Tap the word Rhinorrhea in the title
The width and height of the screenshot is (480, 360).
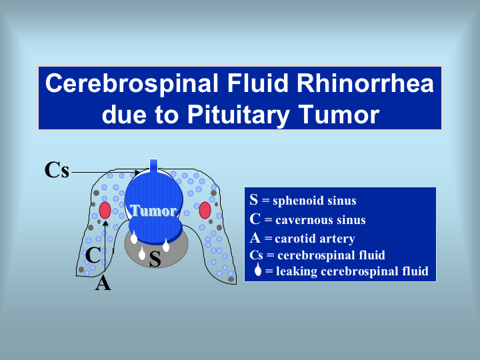[x=365, y=83]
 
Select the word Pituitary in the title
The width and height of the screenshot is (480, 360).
[x=239, y=115]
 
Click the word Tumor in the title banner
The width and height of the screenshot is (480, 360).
[x=339, y=114]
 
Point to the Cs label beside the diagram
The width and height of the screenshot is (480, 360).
[x=57, y=170]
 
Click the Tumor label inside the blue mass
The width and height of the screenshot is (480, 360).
[x=153, y=211]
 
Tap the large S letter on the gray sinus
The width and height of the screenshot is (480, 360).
[x=155, y=259]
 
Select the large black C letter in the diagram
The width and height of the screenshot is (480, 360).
[x=93, y=255]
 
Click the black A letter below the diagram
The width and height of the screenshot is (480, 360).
[x=103, y=283]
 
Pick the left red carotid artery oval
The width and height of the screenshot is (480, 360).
[x=105, y=210]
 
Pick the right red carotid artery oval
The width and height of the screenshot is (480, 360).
[x=205, y=210]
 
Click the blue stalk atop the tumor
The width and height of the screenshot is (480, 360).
[x=153, y=166]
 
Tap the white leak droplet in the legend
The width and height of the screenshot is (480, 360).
[x=258, y=269]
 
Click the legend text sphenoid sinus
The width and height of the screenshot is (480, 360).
[x=315, y=201]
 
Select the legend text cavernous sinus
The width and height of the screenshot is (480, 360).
[x=321, y=220]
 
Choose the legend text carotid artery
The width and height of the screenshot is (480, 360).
[x=315, y=239]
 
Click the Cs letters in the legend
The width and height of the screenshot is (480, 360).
[x=256, y=255]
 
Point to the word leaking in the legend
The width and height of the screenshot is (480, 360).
[x=297, y=271]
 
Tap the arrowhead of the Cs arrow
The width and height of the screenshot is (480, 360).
[x=137, y=173]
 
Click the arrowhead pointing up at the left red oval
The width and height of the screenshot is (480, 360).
[x=105, y=223]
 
